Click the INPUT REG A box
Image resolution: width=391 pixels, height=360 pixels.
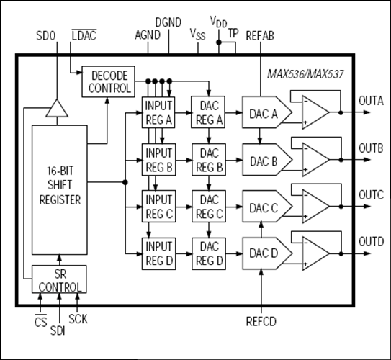(159, 112)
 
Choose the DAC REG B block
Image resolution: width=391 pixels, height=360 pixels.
(207, 158)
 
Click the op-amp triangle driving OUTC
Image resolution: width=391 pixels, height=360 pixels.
(313, 204)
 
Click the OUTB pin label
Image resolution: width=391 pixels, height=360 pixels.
(371, 148)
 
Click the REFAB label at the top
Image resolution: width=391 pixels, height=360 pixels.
(260, 34)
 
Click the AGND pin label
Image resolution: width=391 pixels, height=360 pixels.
(147, 34)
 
